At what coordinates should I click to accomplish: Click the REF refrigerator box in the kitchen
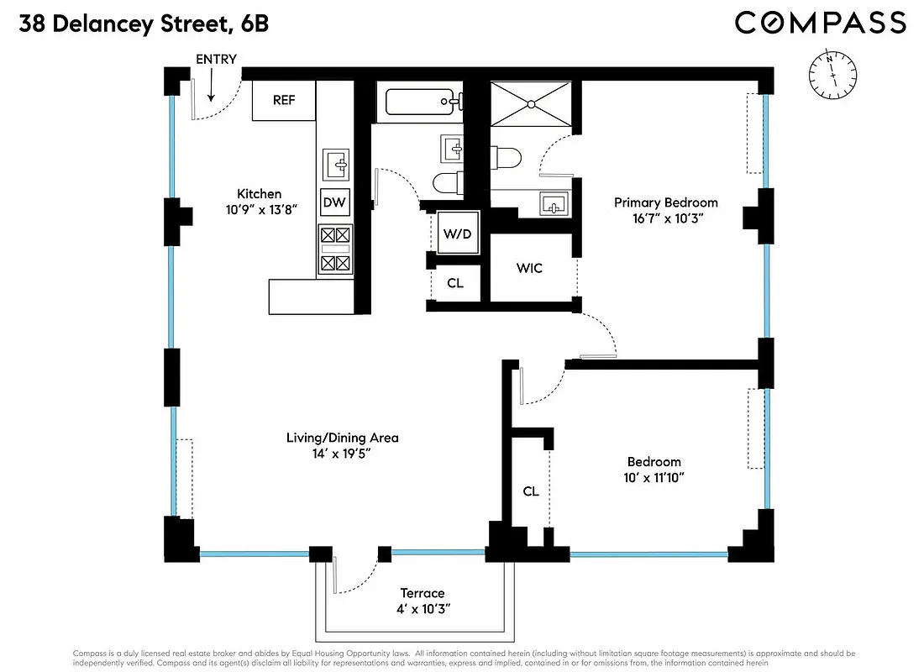click(284, 100)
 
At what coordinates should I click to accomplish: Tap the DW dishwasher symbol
click(334, 202)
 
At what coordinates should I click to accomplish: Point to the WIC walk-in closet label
click(529, 268)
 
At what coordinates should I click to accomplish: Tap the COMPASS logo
click(820, 23)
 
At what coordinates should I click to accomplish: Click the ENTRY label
click(216, 59)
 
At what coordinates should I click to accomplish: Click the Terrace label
click(422, 593)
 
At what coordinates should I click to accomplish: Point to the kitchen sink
click(338, 164)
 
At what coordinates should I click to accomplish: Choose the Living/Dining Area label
click(342, 438)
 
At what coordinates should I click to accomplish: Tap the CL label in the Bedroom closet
click(530, 491)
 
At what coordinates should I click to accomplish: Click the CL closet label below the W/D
click(455, 283)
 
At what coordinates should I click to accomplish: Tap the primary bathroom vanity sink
click(554, 203)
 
